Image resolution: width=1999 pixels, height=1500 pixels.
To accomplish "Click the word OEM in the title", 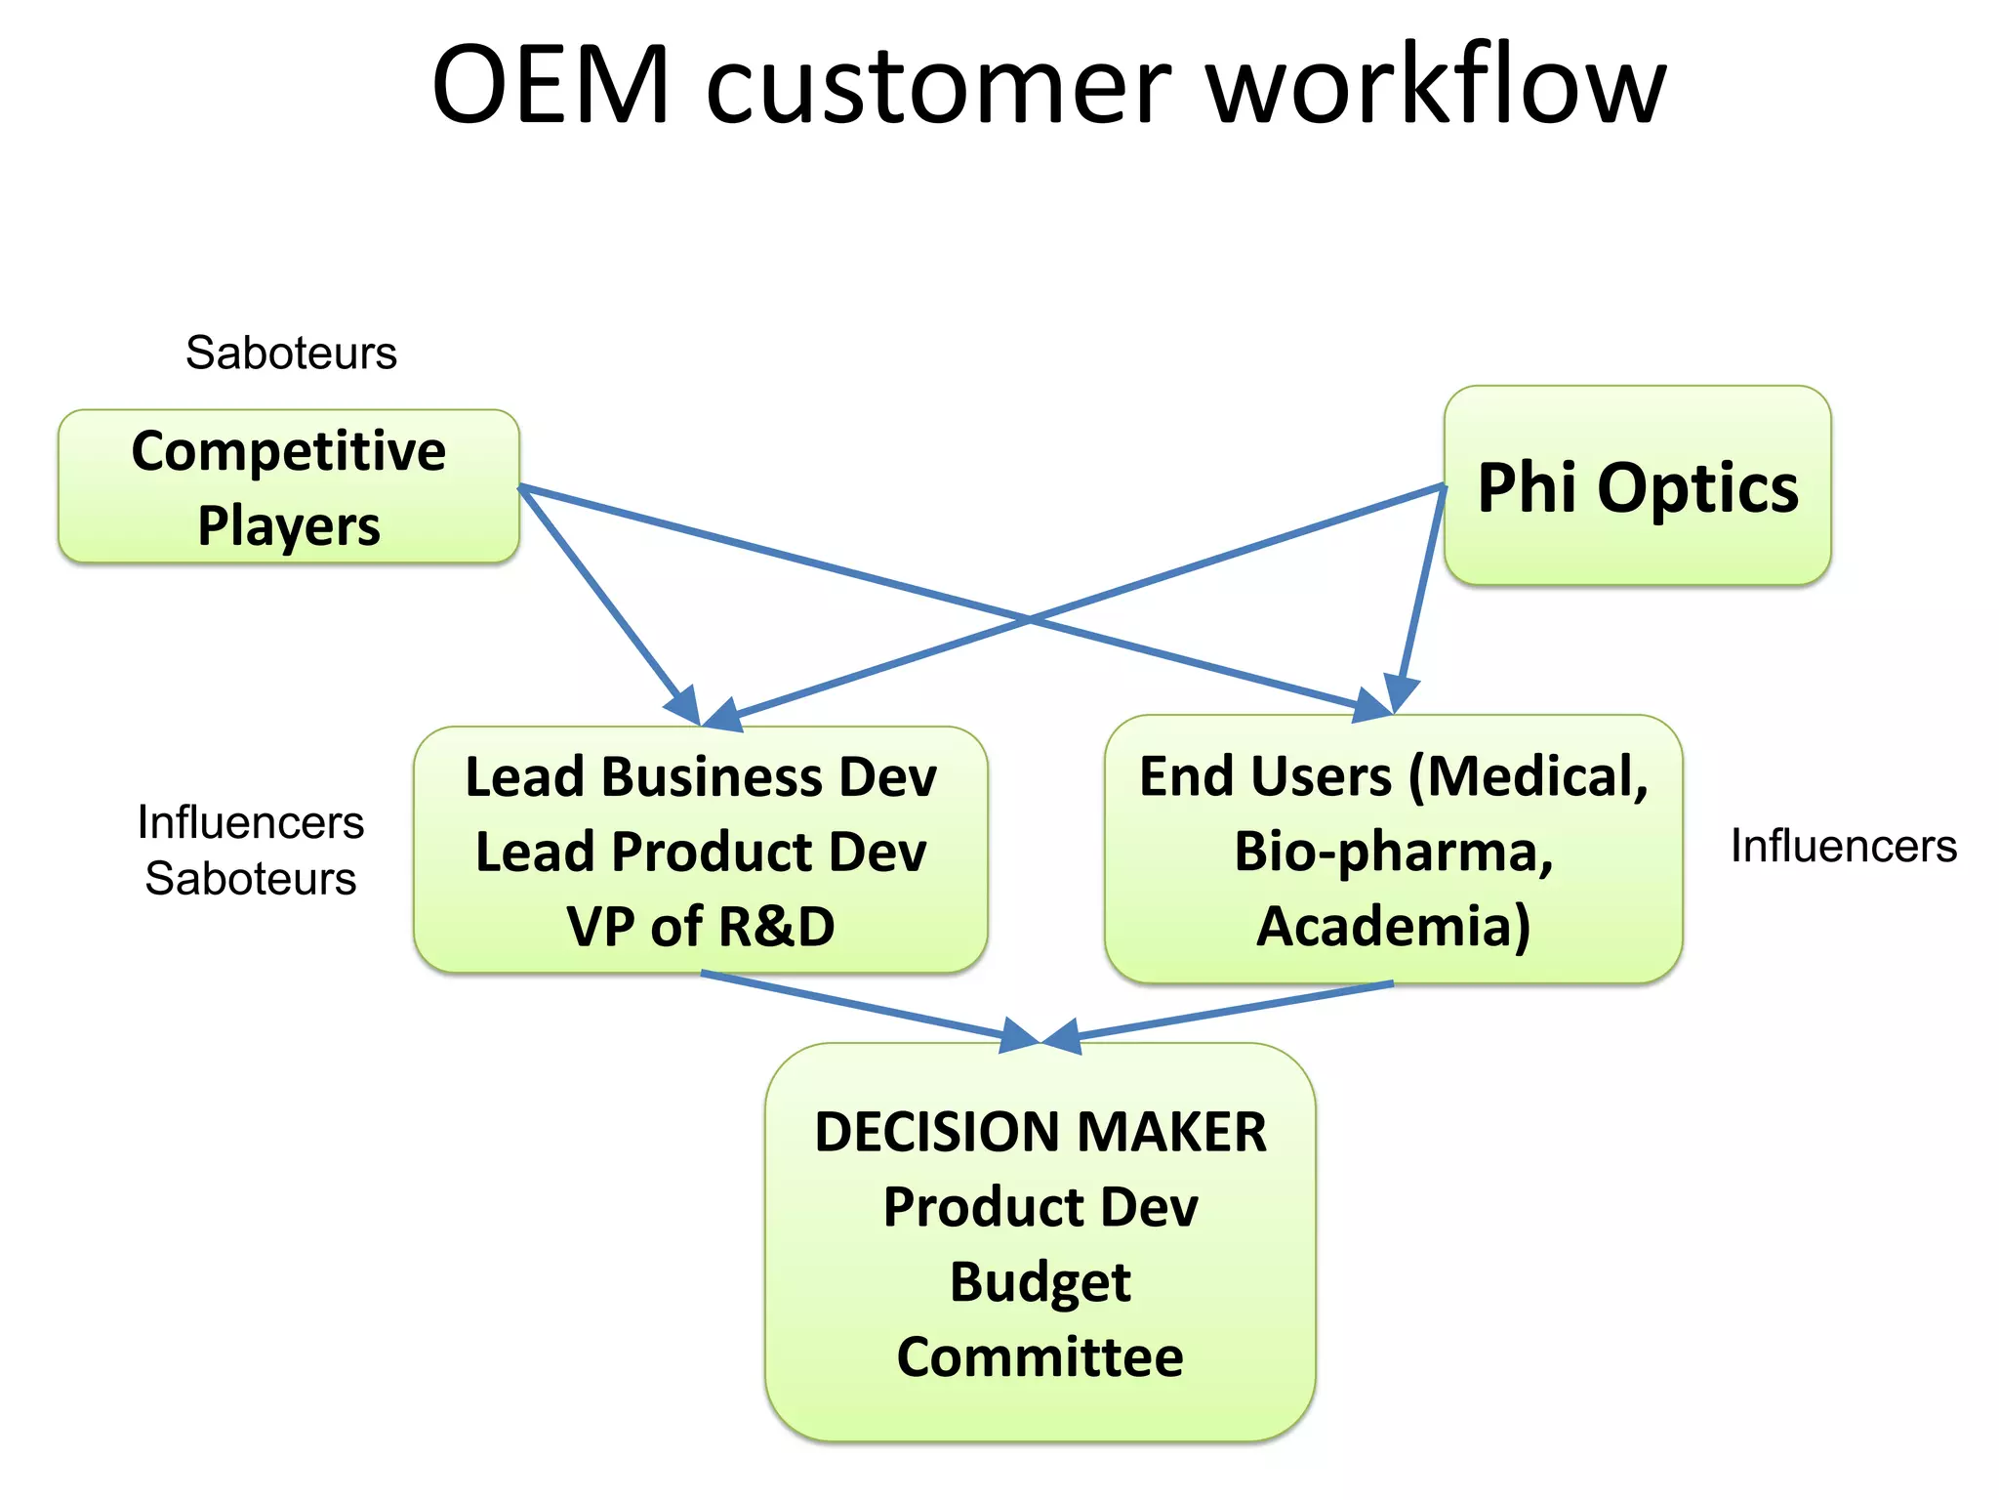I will click(x=551, y=86).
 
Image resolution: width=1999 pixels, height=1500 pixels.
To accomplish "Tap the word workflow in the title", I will click(x=1437, y=86).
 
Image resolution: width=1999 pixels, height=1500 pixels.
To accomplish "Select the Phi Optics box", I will click(x=1637, y=486).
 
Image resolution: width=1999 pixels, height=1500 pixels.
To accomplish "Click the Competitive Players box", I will click(x=289, y=486).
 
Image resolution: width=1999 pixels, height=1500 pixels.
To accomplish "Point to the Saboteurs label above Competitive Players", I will click(x=291, y=353).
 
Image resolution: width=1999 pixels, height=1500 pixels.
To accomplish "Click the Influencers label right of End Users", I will click(x=1843, y=846).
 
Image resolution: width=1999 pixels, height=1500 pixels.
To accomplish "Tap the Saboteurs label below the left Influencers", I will click(x=251, y=879).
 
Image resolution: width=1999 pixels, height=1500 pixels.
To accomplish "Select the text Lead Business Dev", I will click(x=700, y=777).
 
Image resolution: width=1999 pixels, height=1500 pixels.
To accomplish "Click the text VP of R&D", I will click(x=700, y=926).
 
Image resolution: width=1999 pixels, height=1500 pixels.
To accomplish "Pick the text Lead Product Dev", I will click(x=700, y=852).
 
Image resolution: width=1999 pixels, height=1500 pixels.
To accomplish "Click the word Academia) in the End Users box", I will click(x=1393, y=926).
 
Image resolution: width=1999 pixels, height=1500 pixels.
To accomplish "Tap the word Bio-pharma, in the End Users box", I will click(x=1393, y=852).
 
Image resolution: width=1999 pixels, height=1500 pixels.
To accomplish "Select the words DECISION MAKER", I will click(x=1040, y=1133).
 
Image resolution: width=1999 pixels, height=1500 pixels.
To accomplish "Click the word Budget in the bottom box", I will click(x=1040, y=1281).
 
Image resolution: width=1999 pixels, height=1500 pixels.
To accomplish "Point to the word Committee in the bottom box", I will click(x=1040, y=1357).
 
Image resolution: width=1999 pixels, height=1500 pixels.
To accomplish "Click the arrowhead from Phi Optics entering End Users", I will click(x=1402, y=695).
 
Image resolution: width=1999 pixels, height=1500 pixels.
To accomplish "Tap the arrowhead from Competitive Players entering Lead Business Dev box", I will click(x=683, y=705).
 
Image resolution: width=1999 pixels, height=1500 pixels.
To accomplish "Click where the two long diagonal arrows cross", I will click(x=1030, y=618).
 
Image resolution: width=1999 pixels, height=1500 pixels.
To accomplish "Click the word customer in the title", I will click(x=937, y=86).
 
